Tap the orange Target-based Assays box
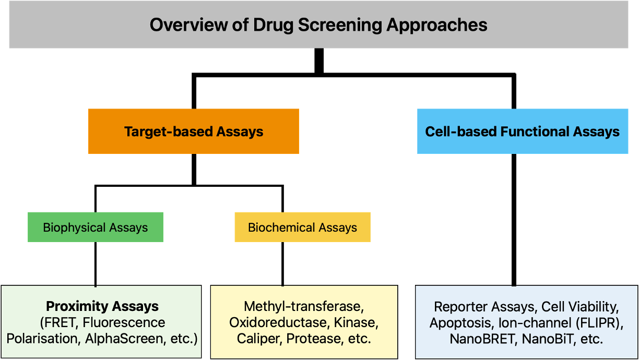194,131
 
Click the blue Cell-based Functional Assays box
522,131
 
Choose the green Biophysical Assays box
96,227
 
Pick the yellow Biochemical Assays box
302,227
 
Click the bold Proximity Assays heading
102,306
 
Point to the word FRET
60,322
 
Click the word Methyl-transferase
303,306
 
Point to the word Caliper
258,339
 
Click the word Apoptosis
462,322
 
